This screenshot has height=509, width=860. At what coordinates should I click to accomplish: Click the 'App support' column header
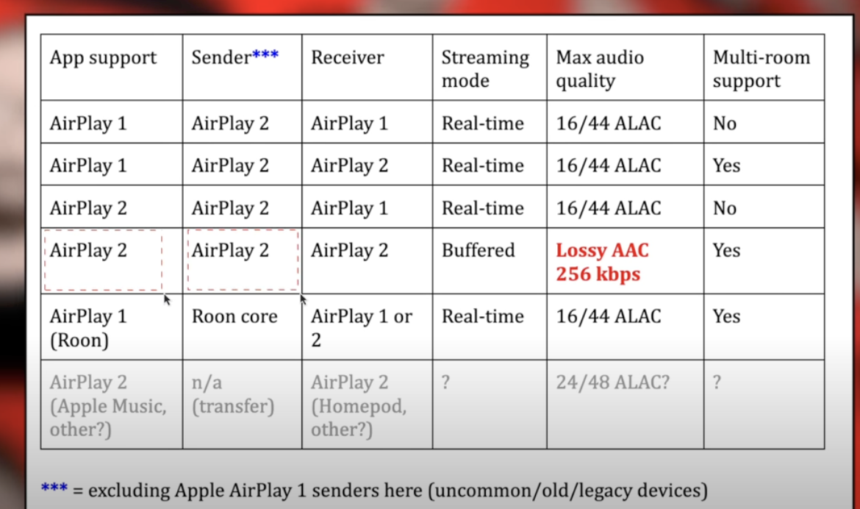(103, 58)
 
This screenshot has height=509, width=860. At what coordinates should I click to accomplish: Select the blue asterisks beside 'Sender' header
(265, 56)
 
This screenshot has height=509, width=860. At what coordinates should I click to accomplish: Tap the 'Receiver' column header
(347, 58)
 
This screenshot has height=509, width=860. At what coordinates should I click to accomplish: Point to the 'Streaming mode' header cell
(485, 68)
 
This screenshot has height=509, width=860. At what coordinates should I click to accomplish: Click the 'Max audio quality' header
(601, 68)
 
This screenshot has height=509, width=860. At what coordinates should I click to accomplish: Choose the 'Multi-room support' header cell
(761, 68)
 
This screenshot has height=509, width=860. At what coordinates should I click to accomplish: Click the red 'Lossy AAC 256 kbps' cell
(602, 262)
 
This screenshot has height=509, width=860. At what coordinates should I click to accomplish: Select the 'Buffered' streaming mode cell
(478, 251)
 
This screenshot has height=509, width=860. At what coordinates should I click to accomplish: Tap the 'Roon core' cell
(234, 317)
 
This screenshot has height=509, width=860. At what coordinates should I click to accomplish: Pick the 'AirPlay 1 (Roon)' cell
(88, 327)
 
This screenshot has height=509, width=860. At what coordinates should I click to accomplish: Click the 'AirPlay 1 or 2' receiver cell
(361, 327)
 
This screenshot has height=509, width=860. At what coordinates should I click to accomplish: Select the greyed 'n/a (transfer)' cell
(232, 394)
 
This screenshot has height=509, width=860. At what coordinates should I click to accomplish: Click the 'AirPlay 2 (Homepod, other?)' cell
(358, 405)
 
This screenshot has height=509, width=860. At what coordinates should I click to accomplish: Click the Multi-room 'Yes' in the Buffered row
(726, 251)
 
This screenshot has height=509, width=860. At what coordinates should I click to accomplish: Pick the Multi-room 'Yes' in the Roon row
(726, 317)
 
